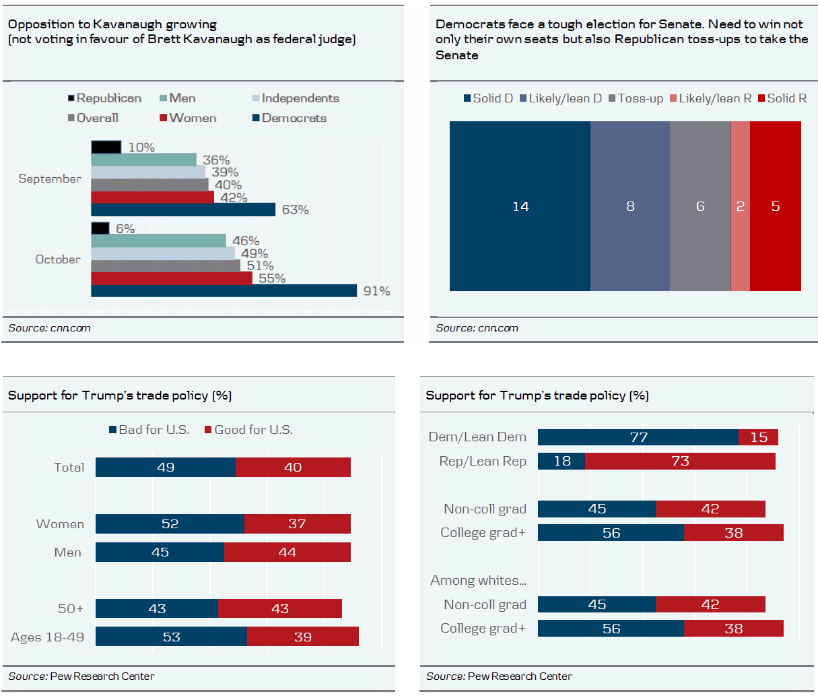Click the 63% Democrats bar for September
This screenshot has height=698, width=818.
coord(183,210)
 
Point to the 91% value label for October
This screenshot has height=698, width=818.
coord(376,291)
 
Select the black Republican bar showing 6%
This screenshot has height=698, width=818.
coord(100,228)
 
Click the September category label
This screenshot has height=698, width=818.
coord(50,179)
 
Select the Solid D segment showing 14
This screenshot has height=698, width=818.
coord(520,206)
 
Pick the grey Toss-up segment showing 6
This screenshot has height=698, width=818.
coord(700,206)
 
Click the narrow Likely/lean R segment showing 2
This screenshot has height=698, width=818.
coord(741,206)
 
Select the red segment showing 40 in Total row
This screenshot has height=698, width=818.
coord(293,468)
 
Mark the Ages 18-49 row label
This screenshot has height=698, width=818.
coord(48,637)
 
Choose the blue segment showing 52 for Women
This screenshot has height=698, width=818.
coord(170,524)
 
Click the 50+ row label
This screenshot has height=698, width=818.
coord(71,609)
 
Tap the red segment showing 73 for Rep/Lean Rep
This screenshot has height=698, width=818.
coord(680,461)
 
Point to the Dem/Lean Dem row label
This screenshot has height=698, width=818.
coord(477,437)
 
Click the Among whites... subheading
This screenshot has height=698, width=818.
coord(479,581)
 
